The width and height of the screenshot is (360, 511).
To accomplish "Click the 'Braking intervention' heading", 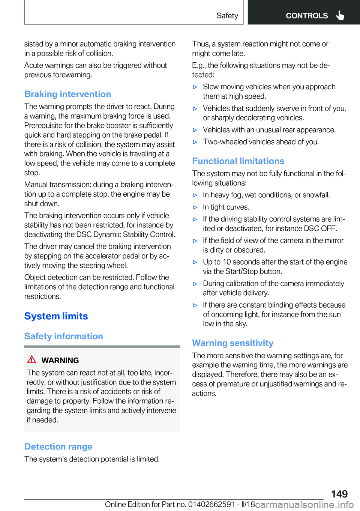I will point(67,94).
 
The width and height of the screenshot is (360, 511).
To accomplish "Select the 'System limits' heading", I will point(56,316).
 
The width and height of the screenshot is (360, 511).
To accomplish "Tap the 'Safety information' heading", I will point(64,336).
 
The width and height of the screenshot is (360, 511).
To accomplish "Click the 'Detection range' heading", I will point(58,446).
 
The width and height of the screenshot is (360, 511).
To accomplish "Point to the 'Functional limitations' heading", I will point(238,161).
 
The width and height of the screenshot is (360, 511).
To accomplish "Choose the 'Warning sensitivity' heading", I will point(232,343).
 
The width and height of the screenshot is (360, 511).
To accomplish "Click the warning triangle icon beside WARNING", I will point(32,359).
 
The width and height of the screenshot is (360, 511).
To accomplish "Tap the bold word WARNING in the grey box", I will point(60,360).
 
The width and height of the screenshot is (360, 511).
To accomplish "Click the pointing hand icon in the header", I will point(340,15).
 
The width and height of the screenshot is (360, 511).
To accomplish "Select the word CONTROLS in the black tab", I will point(307,16).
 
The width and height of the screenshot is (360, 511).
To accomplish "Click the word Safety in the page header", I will point(227,16).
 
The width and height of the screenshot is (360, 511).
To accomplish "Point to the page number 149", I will point(339,494).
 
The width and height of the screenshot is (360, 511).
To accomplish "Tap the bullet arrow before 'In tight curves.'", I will point(195,207).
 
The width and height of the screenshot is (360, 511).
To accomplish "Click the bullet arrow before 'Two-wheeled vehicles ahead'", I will point(195,142).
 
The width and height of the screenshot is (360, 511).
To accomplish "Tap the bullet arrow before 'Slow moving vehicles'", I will point(195,87).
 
